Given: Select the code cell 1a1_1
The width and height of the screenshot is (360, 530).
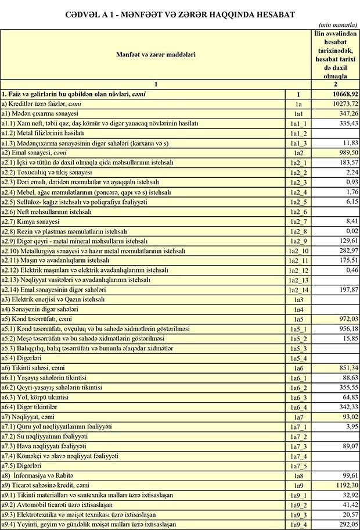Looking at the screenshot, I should (x=297, y=124).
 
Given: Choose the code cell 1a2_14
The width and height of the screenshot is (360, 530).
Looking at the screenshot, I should (x=297, y=290).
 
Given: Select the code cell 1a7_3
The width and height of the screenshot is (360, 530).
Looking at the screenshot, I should (x=297, y=446).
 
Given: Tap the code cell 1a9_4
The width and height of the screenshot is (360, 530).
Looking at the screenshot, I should (x=297, y=524).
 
